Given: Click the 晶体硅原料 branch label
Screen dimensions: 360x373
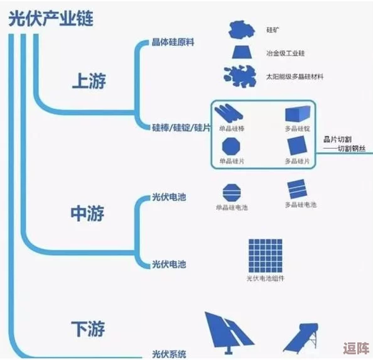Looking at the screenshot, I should [x=173, y=42].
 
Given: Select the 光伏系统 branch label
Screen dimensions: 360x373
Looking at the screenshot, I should [x=169, y=354].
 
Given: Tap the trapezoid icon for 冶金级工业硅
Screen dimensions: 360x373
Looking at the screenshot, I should [x=241, y=52].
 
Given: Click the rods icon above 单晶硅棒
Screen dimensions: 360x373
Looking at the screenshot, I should [x=230, y=114].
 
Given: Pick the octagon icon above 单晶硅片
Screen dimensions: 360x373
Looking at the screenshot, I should [x=230, y=147].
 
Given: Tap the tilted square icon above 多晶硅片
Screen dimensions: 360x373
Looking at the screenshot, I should [x=297, y=146].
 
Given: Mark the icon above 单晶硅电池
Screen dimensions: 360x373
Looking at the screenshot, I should [x=230, y=190].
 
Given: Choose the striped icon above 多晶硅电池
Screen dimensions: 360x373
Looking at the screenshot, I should [x=296, y=188].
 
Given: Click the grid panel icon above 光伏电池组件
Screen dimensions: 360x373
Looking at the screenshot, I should [x=264, y=255].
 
